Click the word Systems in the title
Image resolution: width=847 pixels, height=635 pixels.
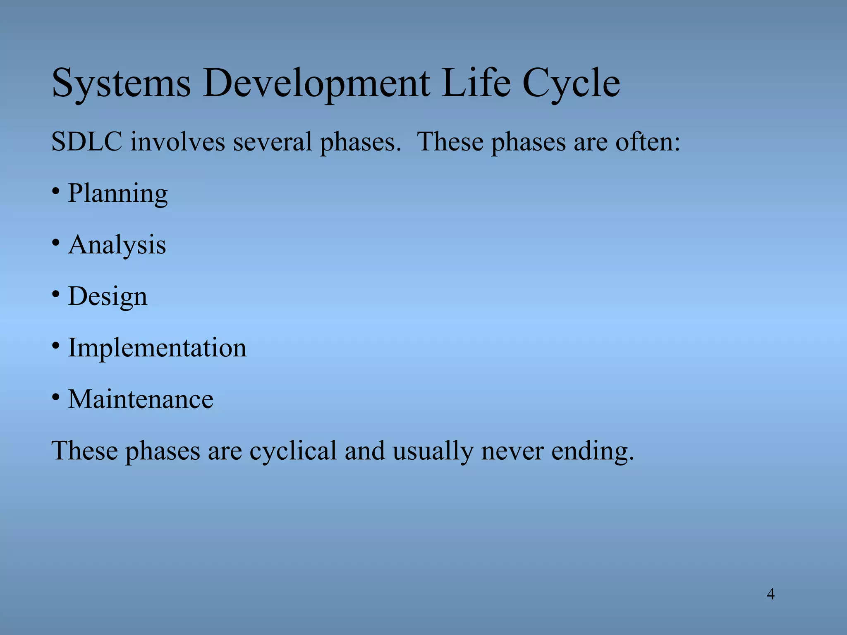click(x=121, y=84)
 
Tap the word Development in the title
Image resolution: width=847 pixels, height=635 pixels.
click(x=316, y=84)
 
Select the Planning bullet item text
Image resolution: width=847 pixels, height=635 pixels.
click(x=117, y=193)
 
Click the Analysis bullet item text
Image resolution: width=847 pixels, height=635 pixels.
click(x=117, y=245)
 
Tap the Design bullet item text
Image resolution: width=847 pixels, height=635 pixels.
click(x=108, y=297)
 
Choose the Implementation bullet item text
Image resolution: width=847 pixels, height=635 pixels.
click(x=157, y=348)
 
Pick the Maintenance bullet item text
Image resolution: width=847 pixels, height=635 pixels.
click(x=141, y=399)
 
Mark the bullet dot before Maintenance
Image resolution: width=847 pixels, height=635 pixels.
click(x=56, y=397)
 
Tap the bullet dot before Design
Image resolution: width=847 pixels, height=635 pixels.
click(x=56, y=294)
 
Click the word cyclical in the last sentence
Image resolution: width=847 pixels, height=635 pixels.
click(x=293, y=451)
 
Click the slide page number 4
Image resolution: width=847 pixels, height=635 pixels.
click(x=770, y=594)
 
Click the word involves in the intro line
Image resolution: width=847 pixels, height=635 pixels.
click(x=178, y=142)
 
